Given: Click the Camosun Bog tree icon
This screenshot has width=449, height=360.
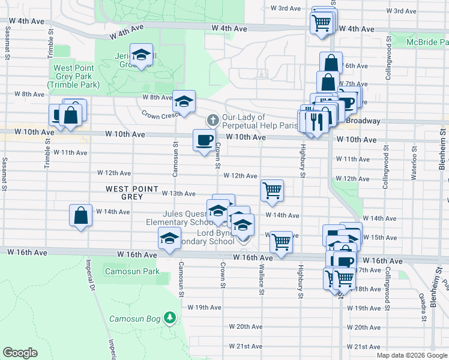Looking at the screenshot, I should point(170,317).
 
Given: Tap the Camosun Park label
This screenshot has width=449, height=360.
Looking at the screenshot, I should point(132,271).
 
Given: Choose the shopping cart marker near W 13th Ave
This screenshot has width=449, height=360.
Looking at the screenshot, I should point(272,191).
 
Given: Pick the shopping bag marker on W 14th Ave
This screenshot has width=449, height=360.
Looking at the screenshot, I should point(81,215).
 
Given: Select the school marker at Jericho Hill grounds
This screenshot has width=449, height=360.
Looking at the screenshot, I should point(141,56).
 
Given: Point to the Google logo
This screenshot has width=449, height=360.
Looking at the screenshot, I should point(20,353).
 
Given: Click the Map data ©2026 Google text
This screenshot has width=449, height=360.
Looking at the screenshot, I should point(412,355).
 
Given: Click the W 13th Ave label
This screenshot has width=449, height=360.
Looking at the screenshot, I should point(179,193).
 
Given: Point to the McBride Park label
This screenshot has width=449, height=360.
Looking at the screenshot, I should point(427,42).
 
